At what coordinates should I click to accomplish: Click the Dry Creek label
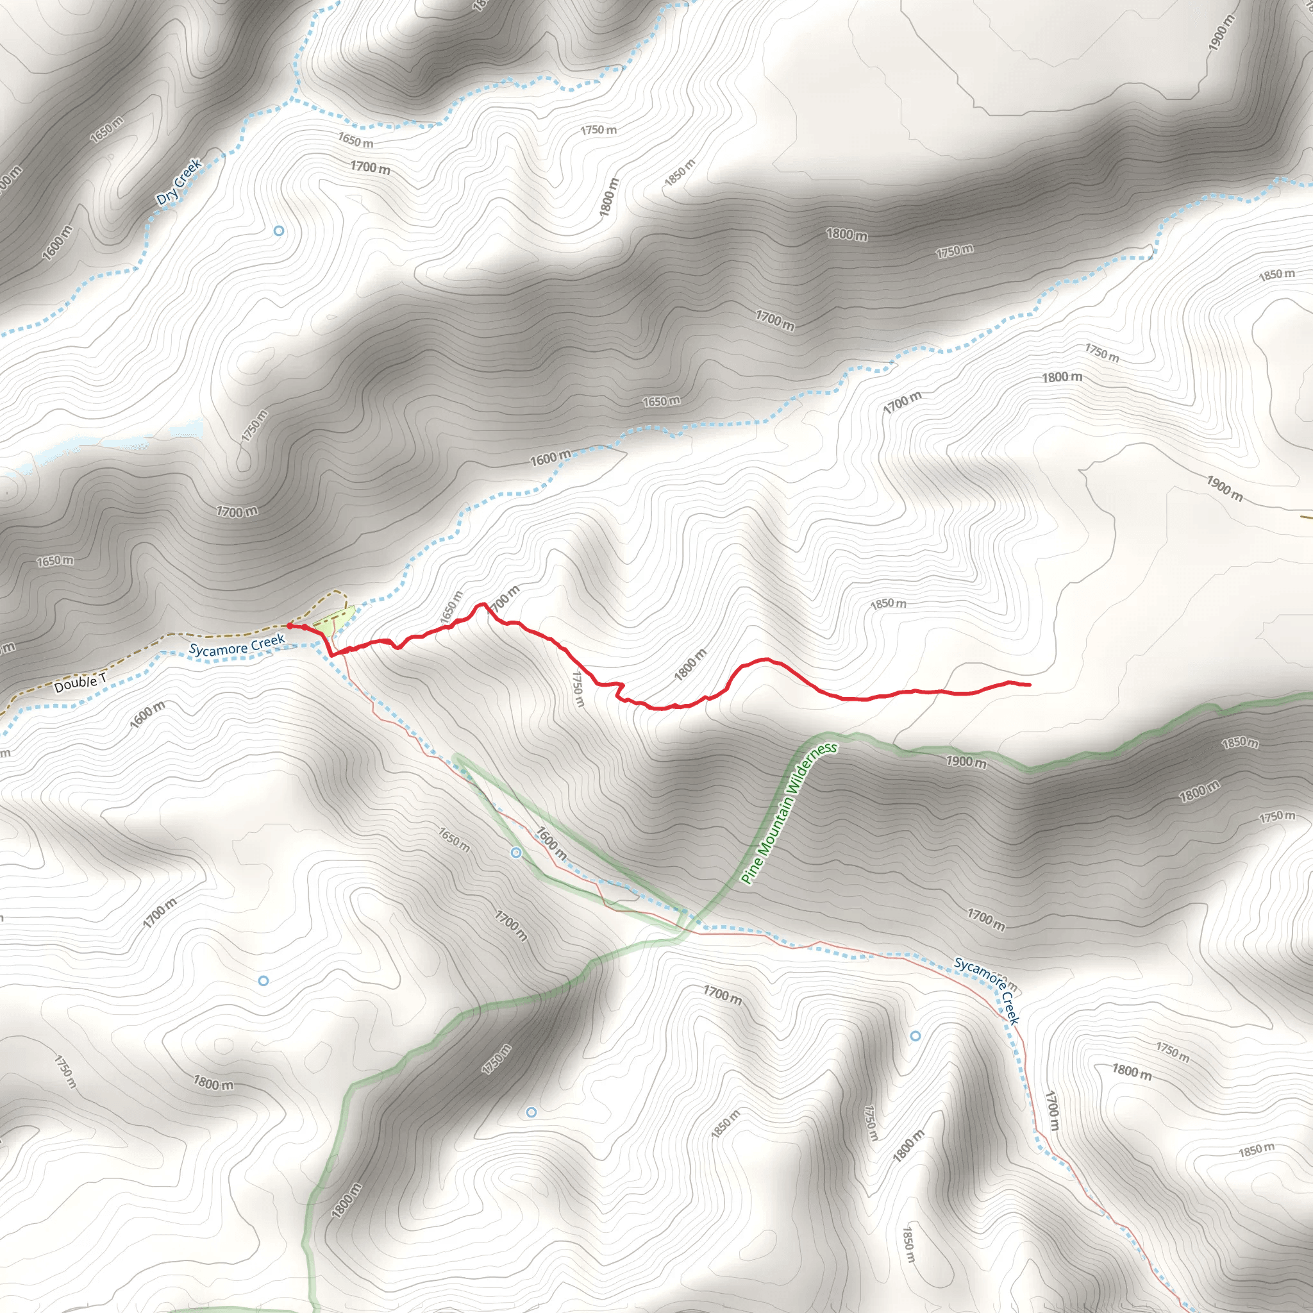pos(179,182)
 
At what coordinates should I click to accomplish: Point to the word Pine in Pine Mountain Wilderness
pos(748,873)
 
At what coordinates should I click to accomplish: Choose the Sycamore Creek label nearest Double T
pos(237,645)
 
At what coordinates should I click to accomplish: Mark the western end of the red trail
pos(290,625)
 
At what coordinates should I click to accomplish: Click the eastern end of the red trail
pos(1030,684)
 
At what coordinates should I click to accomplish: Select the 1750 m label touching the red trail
pos(578,689)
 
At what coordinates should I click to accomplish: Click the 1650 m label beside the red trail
pos(451,606)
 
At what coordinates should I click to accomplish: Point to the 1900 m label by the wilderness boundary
pos(966,762)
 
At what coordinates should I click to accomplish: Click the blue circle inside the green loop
pos(516,852)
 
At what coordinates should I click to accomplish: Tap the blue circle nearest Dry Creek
pos(279,231)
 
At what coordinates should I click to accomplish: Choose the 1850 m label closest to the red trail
pos(887,603)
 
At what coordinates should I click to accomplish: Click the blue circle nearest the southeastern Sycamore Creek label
pos(916,1036)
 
